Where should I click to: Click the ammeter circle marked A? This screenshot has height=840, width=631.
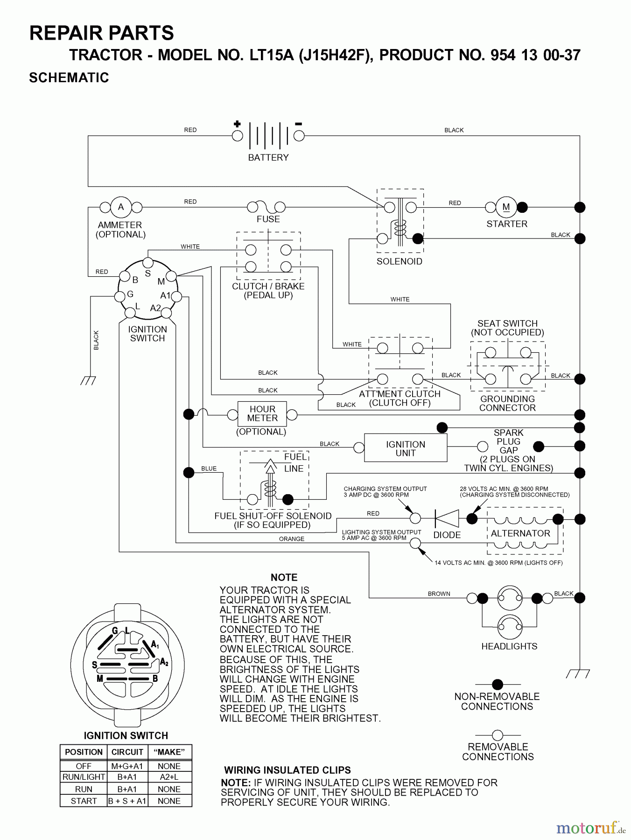(121, 207)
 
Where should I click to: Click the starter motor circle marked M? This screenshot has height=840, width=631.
(506, 207)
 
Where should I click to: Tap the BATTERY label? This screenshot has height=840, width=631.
(268, 158)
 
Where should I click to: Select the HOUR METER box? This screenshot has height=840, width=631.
(262, 413)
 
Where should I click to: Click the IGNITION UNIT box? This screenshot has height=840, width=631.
(405, 448)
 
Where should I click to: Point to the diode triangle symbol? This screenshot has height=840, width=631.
(447, 518)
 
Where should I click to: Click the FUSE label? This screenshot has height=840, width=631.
(268, 219)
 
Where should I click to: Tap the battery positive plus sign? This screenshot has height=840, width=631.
(237, 124)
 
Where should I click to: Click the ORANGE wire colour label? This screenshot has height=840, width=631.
(292, 539)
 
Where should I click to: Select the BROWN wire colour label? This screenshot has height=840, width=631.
(439, 594)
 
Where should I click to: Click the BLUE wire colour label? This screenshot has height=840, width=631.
(209, 469)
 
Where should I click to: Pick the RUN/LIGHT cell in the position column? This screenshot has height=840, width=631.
(84, 777)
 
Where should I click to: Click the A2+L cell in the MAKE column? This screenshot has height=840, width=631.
(169, 777)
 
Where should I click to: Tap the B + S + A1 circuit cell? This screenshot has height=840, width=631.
(127, 801)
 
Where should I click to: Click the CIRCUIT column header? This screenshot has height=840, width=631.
(127, 752)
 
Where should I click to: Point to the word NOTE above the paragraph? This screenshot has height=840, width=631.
(284, 577)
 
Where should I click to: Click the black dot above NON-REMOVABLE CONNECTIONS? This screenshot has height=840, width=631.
(498, 685)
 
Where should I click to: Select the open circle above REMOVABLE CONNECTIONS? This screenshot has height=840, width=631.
(498, 735)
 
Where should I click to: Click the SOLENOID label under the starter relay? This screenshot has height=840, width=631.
(399, 261)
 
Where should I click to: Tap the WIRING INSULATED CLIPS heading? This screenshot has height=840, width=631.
(287, 770)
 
